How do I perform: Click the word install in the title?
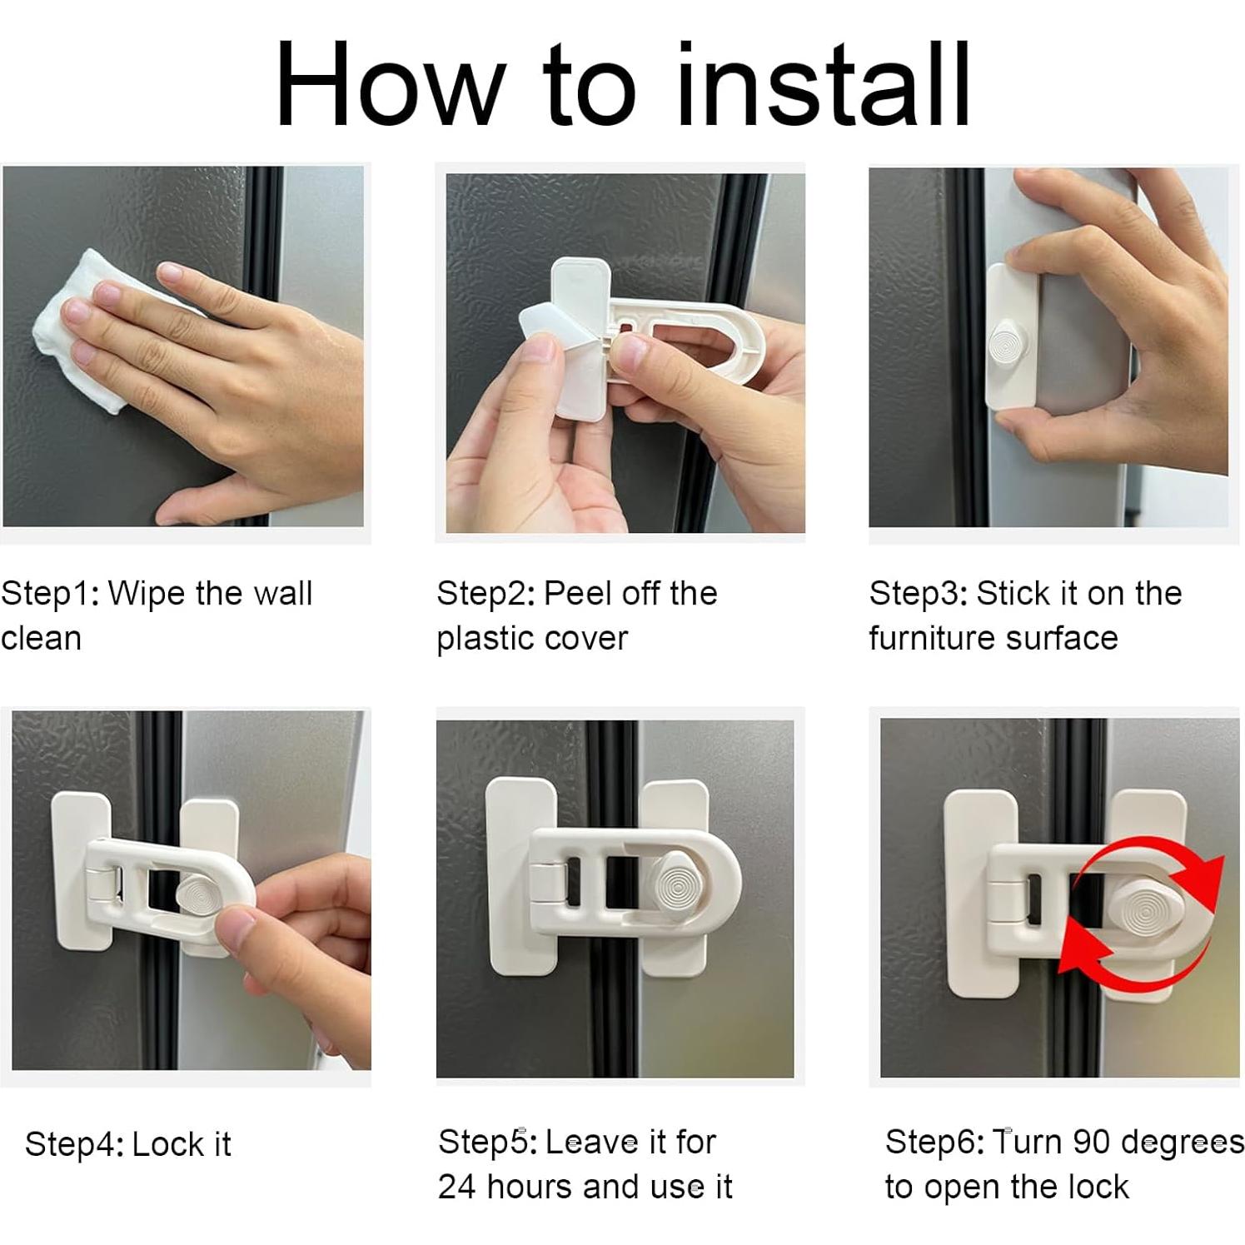click(x=823, y=84)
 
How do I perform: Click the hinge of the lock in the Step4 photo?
click(x=102, y=883)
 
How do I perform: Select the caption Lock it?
click(x=181, y=1144)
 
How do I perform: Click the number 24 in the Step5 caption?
click(x=456, y=1187)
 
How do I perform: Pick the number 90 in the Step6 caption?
click(x=1091, y=1142)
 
